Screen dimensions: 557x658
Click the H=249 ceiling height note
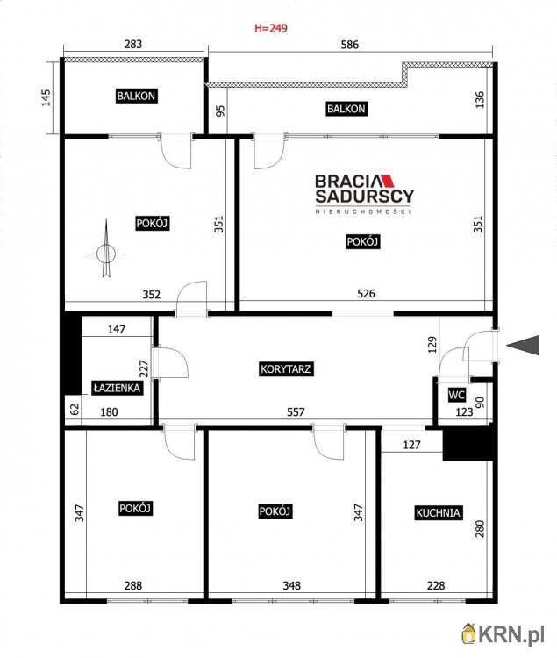tap(271, 28)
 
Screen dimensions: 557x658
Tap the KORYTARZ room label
tap(285, 368)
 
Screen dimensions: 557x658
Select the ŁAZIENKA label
tap(117, 388)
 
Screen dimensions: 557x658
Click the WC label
tap(456, 395)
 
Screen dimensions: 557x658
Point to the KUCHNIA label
tap(438, 512)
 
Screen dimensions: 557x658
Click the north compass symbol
tap(106, 252)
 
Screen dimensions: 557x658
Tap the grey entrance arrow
tap(523, 345)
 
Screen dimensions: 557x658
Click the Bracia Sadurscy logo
tap(365, 194)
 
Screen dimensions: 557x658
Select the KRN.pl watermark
tap(503, 633)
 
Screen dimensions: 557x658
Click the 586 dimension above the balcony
tap(350, 45)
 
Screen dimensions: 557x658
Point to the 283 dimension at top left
tap(133, 44)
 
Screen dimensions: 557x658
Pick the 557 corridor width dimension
tap(296, 412)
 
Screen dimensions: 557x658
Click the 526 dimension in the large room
tap(366, 293)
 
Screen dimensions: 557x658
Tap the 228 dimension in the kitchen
tap(436, 585)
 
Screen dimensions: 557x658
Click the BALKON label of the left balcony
tap(136, 96)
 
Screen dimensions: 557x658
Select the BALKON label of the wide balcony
tap(346, 109)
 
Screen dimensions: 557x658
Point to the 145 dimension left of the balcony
tap(46, 97)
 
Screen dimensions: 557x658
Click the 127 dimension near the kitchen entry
tap(411, 445)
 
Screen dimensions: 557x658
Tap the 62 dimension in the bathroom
tap(75, 409)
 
